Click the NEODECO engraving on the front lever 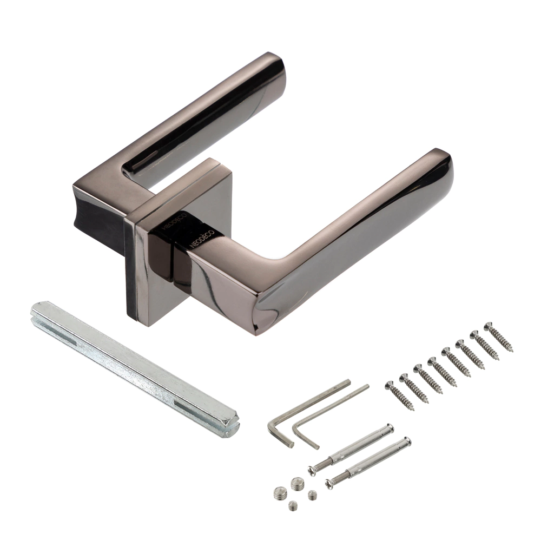202,239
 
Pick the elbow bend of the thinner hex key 296,428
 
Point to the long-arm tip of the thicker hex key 348,382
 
